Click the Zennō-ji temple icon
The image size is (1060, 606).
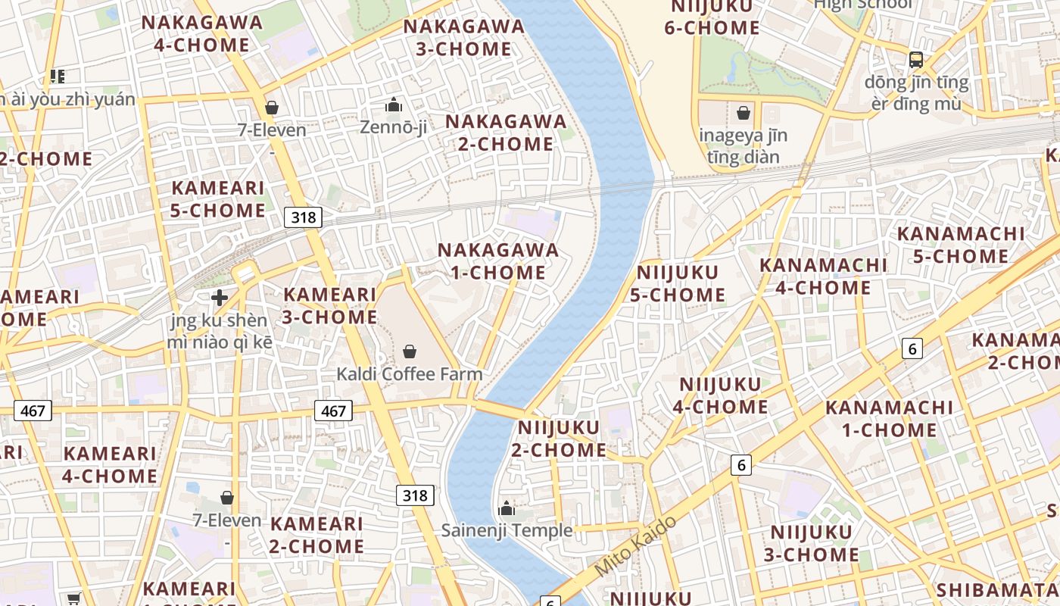point(393,105)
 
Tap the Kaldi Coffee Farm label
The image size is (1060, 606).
point(409,373)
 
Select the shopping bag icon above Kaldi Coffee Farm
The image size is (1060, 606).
point(410,351)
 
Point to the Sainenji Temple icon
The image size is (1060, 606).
point(507,508)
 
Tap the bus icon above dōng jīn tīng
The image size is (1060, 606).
point(916,59)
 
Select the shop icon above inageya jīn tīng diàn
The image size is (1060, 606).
point(744,114)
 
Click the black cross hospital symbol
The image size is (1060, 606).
point(220,298)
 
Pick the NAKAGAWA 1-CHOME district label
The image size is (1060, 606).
point(498,261)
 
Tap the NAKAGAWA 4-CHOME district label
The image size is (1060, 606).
point(202,33)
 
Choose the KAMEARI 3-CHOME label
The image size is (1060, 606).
point(329,305)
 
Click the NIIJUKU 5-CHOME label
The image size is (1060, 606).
point(678,283)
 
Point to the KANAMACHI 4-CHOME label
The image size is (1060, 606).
point(823,276)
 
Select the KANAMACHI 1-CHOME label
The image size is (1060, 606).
point(889,418)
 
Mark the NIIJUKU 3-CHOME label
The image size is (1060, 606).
point(811,543)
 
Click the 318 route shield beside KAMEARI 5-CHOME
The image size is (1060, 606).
point(303,217)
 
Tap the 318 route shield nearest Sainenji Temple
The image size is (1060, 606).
point(415,495)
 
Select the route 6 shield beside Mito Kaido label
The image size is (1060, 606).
point(740,464)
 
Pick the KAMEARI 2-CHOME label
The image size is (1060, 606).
point(316,535)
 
